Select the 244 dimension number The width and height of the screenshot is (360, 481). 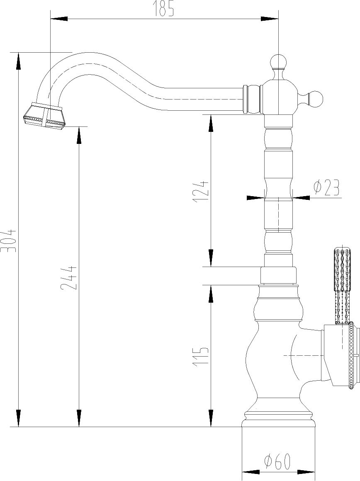[x=68, y=278]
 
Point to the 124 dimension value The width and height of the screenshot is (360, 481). [x=201, y=192]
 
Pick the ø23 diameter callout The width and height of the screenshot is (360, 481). [x=326, y=188]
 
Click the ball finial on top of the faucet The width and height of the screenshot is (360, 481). [x=278, y=61]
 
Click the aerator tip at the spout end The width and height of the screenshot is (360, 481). [x=44, y=116]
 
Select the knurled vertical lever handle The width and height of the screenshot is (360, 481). [x=342, y=285]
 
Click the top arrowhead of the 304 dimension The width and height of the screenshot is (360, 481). [x=18, y=61]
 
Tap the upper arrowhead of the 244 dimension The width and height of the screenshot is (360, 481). [x=79, y=135]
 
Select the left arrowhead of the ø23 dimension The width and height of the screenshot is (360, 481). [x=255, y=198]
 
